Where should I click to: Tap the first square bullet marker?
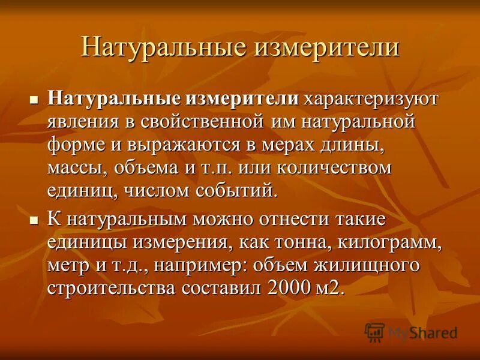34,98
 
